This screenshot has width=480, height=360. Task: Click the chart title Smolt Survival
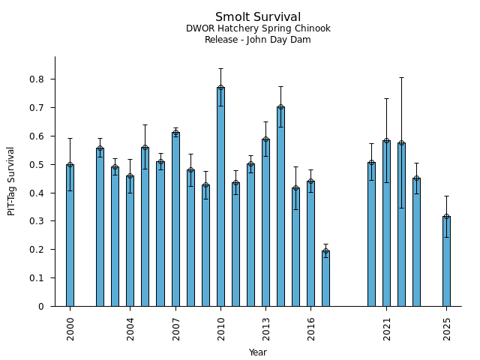[x=258, y=17]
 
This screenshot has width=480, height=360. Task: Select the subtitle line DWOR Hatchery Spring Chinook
[x=258, y=28]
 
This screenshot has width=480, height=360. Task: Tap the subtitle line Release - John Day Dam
[x=258, y=40]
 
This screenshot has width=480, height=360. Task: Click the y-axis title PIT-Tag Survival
[x=11, y=181]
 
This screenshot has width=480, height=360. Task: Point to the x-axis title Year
[x=258, y=352]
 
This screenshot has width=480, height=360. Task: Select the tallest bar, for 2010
[x=220, y=196]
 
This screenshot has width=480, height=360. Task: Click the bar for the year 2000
[x=70, y=235]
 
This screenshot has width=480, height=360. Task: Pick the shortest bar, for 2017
[x=325, y=278]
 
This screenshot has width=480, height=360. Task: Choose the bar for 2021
[x=386, y=223]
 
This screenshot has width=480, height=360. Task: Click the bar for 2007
[x=175, y=219]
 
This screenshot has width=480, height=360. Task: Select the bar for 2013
[x=265, y=222]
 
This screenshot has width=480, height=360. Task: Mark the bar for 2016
[x=310, y=244]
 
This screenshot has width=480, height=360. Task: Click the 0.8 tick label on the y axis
[x=37, y=79]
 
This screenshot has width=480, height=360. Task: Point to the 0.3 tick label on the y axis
[x=37, y=221]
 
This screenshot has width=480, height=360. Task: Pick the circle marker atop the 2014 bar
[x=280, y=106]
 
